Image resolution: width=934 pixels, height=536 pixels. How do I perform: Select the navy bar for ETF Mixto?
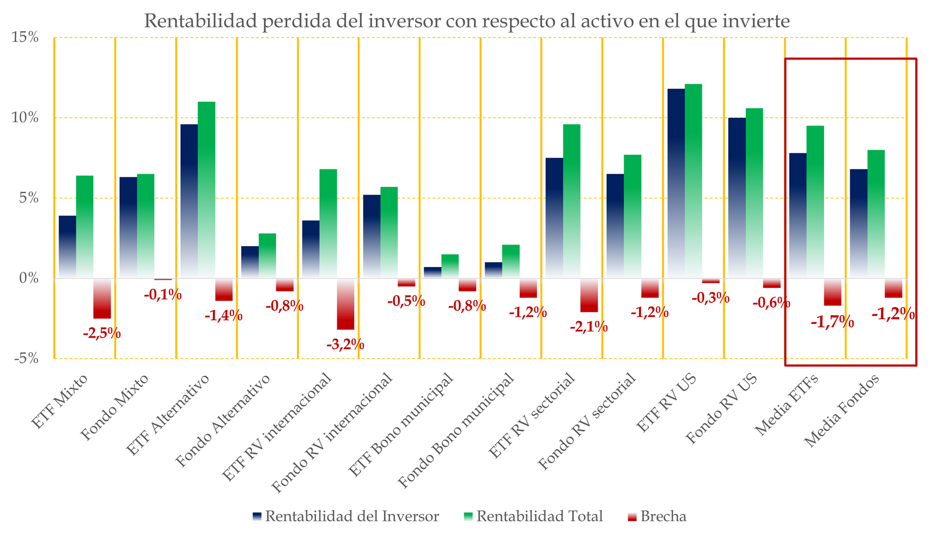point(68,247)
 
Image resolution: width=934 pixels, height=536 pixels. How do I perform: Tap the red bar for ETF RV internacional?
point(345,303)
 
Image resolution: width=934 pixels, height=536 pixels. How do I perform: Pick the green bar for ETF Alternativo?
point(206,190)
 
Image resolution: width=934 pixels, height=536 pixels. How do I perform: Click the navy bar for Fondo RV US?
point(737,198)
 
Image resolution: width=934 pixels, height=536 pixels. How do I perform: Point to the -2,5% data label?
point(102,333)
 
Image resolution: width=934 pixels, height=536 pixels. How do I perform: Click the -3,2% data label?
point(345,344)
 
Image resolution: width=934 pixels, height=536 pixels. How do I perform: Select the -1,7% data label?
point(832,322)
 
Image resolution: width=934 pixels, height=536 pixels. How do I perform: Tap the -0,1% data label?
point(162,294)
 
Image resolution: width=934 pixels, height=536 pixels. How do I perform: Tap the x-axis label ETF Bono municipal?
point(402,426)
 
